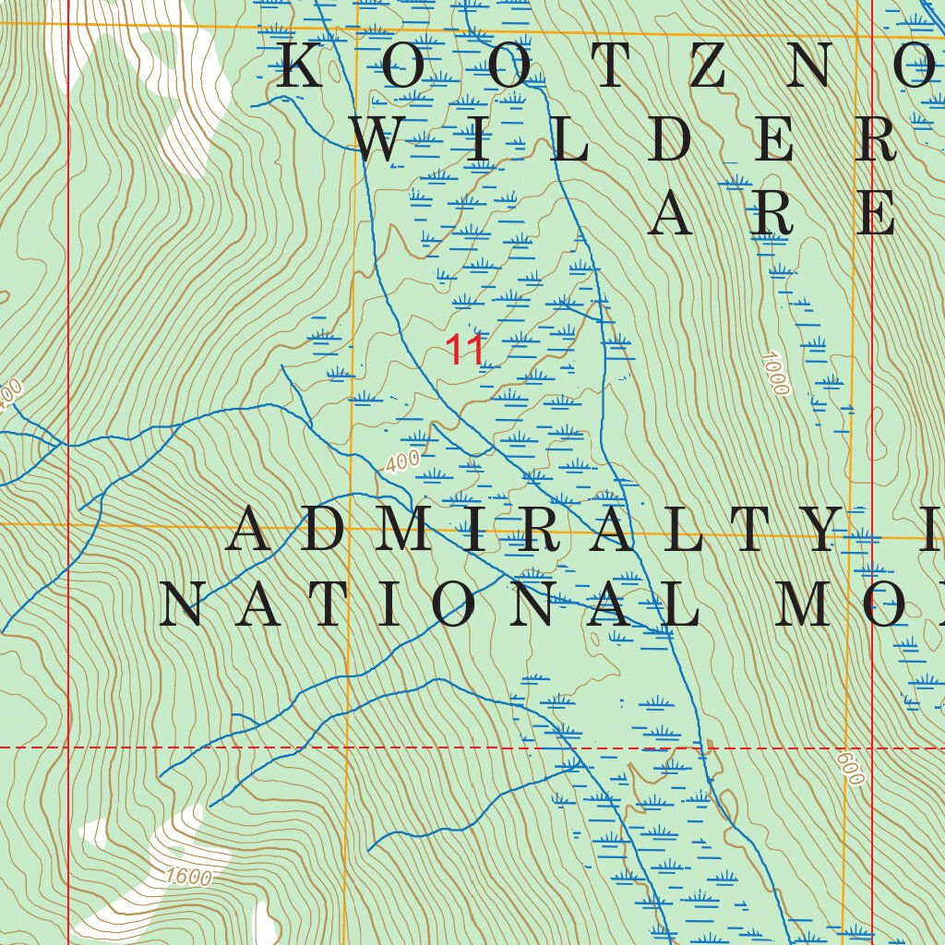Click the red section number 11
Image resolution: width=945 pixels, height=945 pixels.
coord(465,350)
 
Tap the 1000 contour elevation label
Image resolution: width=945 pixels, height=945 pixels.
coord(776,373)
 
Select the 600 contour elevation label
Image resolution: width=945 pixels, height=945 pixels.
coord(851,768)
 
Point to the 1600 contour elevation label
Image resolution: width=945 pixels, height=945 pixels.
coord(189,877)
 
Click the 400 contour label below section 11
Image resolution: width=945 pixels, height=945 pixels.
coord(402,461)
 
